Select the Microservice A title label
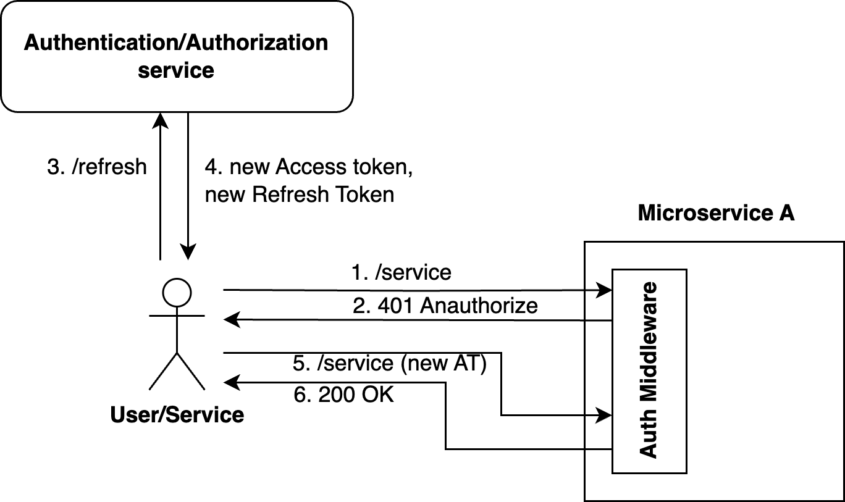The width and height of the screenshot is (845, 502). pyautogui.click(x=715, y=213)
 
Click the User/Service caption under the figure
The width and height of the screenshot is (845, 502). pyautogui.click(x=177, y=414)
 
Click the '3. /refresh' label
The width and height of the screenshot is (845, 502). pyautogui.click(x=97, y=167)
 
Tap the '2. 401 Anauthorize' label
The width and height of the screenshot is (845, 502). pyautogui.click(x=445, y=305)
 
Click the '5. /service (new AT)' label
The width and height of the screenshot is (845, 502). pyautogui.click(x=390, y=364)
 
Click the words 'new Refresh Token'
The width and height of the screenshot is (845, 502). pyautogui.click(x=300, y=195)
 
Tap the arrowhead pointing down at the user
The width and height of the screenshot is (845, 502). pyautogui.click(x=188, y=252)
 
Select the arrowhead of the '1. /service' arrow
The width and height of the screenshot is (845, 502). pyautogui.click(x=604, y=289)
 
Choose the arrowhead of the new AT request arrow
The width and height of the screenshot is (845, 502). pyautogui.click(x=604, y=415)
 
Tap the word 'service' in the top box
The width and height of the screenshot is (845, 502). pyautogui.click(x=176, y=70)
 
